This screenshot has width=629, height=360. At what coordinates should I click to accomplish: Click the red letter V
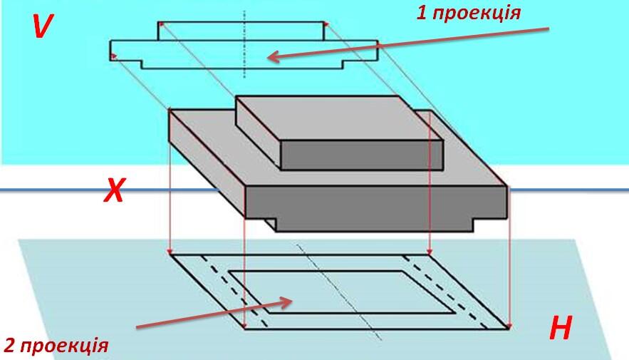42,26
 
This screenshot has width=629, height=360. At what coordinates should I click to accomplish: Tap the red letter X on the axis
115,190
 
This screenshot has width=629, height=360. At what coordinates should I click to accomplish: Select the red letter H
561,328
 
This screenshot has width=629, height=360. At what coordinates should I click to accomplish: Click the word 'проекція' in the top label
477,14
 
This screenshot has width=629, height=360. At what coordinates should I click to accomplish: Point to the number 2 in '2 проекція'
10,345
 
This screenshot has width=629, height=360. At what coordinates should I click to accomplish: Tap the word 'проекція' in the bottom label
64,346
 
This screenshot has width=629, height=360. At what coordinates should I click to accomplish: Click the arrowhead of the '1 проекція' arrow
273,58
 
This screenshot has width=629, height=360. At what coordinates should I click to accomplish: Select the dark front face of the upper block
362,155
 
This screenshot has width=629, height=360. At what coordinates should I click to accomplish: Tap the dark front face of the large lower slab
376,202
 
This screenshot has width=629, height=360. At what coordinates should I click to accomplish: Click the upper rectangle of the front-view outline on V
241,31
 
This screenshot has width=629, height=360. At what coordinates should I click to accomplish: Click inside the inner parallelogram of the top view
342,292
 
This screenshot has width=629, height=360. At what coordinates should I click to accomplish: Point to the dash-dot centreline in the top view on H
339,292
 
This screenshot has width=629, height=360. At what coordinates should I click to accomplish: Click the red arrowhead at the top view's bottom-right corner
509,326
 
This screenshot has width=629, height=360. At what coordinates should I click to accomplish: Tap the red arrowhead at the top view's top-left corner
170,251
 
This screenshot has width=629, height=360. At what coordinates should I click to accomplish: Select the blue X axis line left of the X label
51,190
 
